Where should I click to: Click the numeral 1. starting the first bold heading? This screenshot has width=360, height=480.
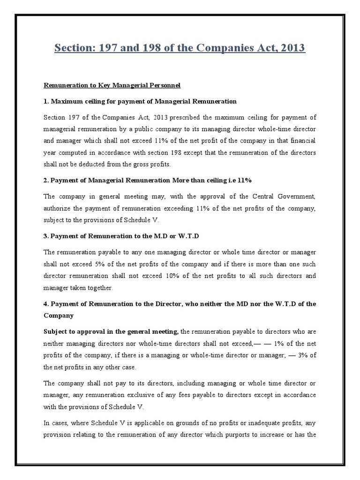pyautogui.click(x=46, y=101)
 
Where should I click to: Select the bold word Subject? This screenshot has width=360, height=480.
pyautogui.click(x=57, y=332)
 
